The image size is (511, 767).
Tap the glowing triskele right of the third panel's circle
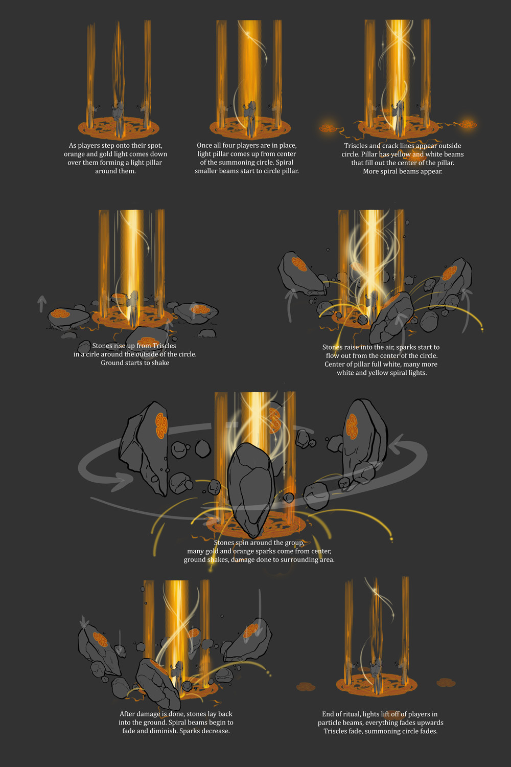coord(468,124)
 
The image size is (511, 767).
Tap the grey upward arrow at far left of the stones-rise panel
coord(42,304)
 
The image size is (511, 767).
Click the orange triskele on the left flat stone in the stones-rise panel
coord(60,313)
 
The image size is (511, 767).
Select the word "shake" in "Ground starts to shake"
coord(160,363)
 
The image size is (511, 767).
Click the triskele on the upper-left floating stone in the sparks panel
coord(299,264)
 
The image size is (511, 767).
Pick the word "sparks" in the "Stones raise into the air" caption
coord(406,348)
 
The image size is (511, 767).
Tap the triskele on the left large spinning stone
coord(161,425)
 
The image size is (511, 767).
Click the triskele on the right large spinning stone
coord(352,426)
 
